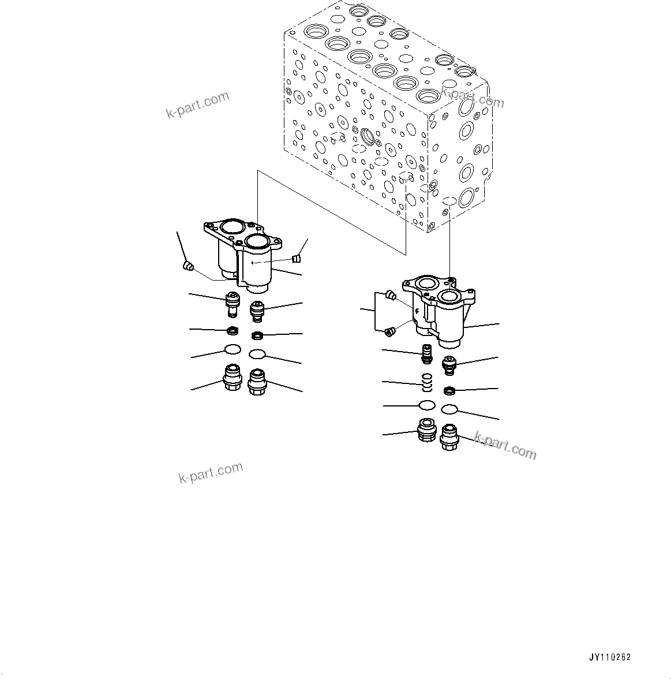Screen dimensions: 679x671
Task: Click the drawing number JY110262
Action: coord(610,657)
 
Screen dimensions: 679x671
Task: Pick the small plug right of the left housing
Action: coord(297,257)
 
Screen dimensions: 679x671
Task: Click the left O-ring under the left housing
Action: coord(233,349)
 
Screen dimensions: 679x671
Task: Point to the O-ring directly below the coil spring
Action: coord(427,404)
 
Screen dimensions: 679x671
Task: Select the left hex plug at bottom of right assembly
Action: coord(426,431)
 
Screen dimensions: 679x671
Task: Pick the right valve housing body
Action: coord(441,312)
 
